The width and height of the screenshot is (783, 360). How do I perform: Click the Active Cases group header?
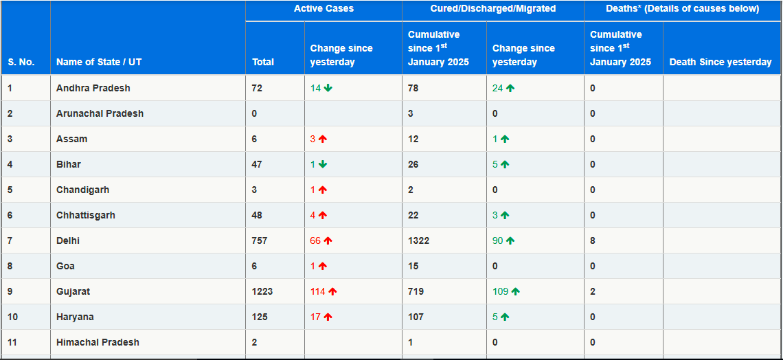point(324,9)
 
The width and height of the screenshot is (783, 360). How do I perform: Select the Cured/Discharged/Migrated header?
point(493,9)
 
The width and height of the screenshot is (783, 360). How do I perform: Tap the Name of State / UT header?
point(99,62)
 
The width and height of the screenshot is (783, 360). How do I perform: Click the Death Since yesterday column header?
point(720,62)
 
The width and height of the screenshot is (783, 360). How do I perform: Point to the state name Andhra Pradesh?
point(93,88)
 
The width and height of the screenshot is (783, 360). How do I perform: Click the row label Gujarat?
point(73,291)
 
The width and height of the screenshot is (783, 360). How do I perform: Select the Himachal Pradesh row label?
point(98,342)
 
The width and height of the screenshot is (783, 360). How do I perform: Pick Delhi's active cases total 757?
point(260,240)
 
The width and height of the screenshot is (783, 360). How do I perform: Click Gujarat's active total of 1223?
point(262,291)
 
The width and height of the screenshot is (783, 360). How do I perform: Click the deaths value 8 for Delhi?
point(593,240)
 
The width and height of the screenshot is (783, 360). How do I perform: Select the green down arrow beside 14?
point(328,88)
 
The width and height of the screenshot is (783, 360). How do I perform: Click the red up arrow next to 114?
point(332,291)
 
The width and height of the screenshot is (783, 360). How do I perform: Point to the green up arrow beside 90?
point(510,240)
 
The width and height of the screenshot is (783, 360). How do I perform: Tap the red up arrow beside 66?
point(328,240)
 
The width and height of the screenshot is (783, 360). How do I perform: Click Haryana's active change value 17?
point(316,317)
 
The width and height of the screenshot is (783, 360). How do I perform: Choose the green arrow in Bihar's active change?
point(323,164)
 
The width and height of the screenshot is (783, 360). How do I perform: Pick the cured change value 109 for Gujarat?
point(501,291)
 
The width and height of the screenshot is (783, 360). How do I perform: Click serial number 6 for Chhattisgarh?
point(10,215)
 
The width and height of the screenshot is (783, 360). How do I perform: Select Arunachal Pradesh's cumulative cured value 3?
point(411,113)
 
